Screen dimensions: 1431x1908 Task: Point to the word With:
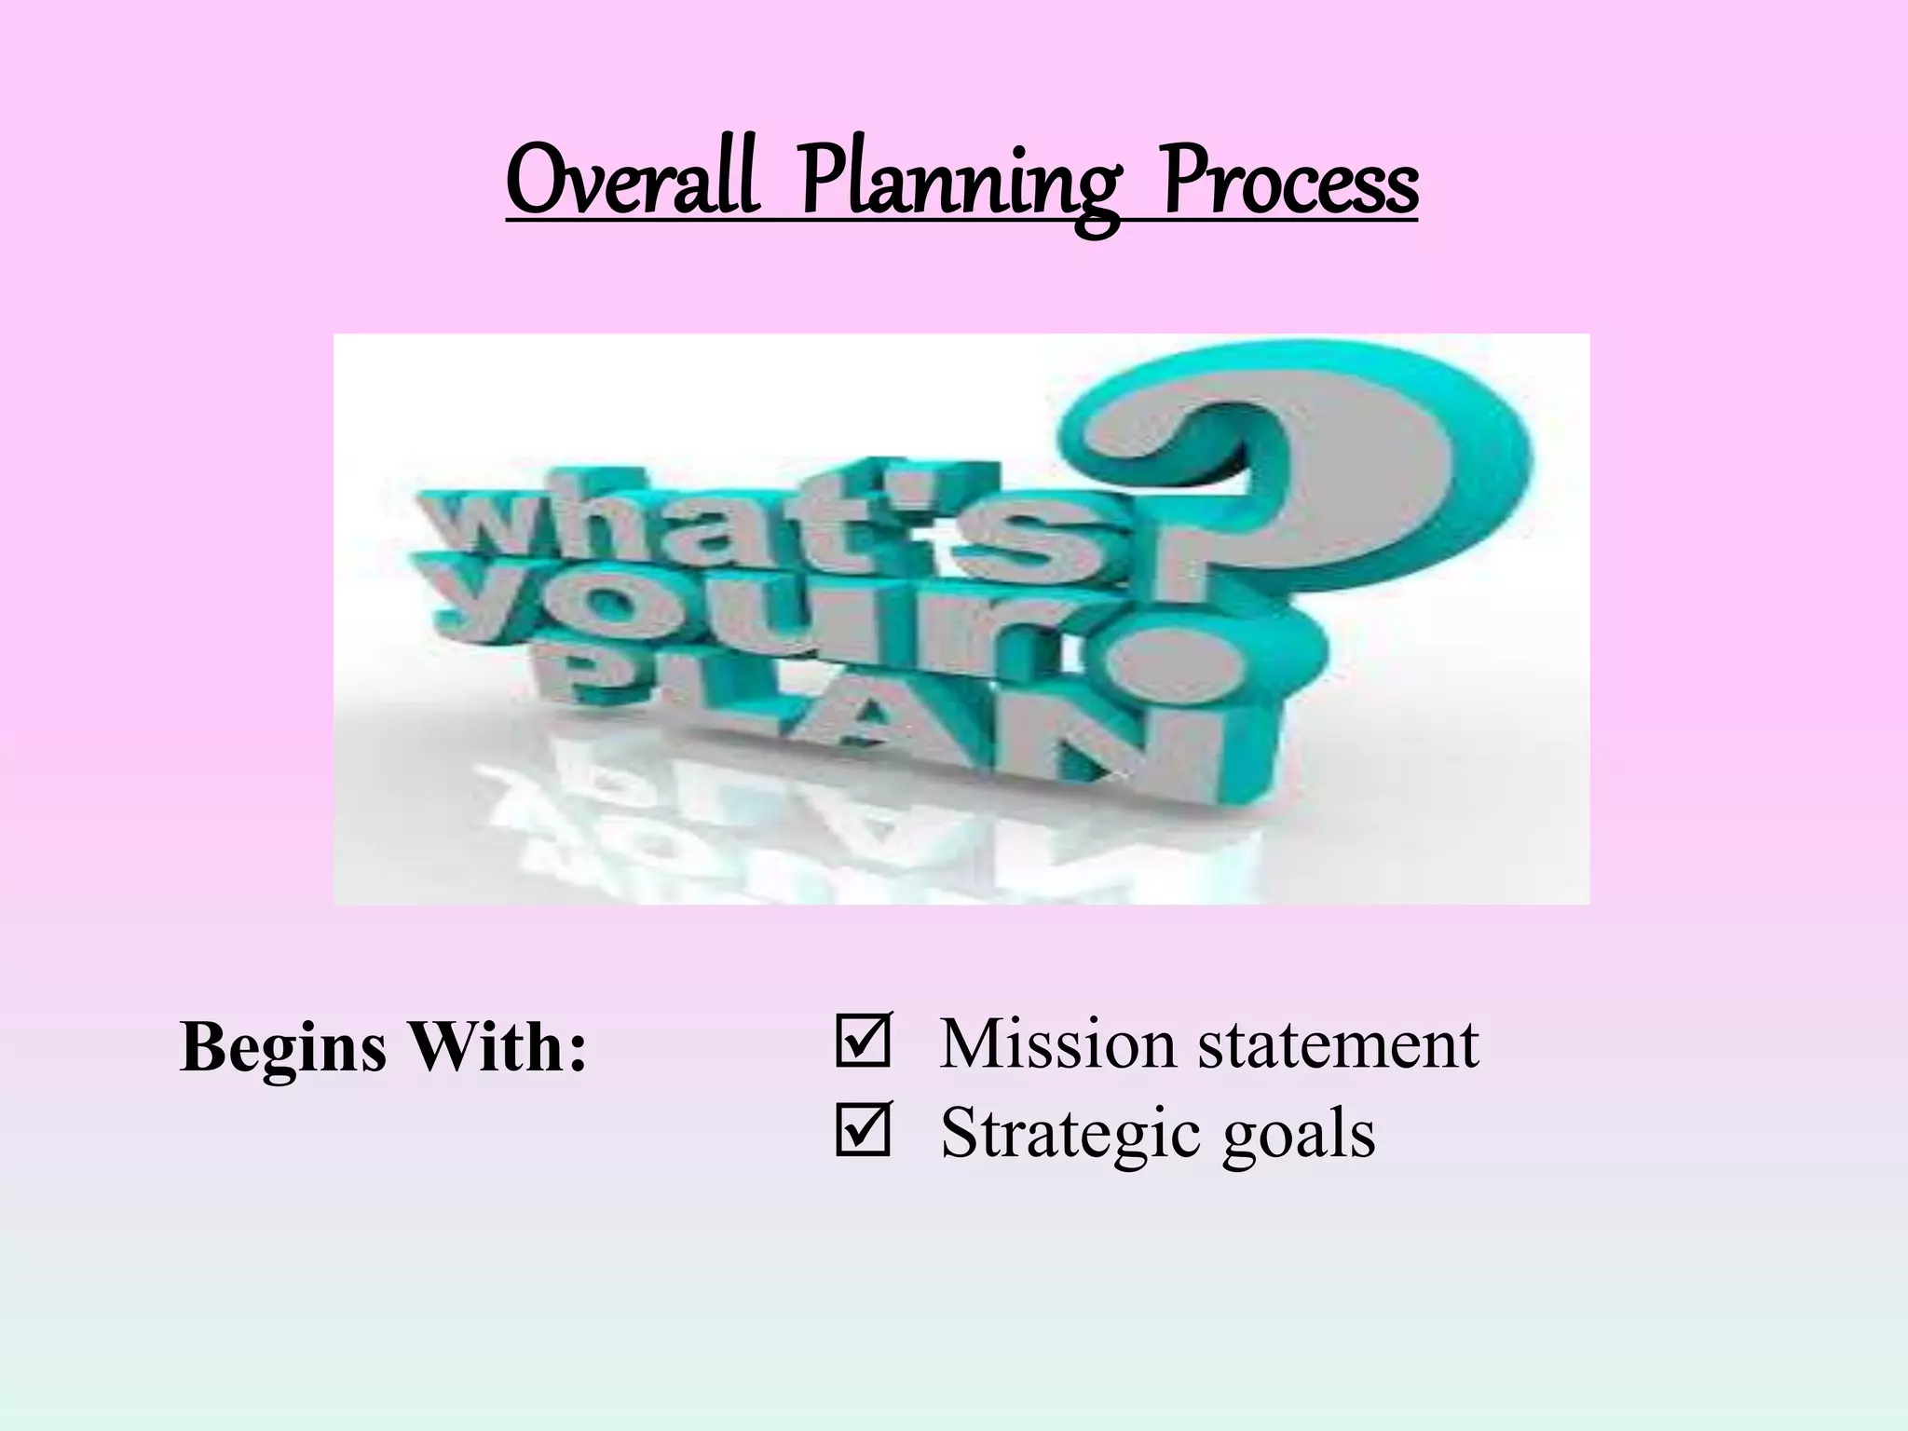(x=499, y=1047)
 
